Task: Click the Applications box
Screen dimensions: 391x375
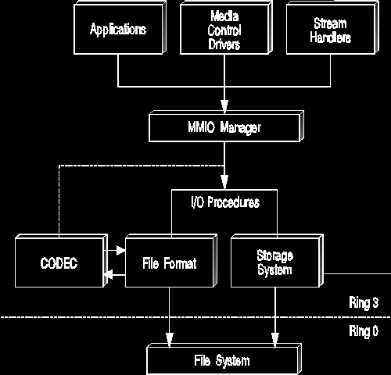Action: pos(120,28)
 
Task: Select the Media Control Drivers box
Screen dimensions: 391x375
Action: pos(226,28)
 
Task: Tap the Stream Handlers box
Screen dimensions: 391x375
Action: pos(332,28)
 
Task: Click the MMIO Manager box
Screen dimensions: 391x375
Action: pos(226,127)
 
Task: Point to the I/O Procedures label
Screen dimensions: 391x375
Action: pos(225,202)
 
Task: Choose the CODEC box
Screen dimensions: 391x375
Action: pos(61,261)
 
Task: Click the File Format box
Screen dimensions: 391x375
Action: pos(171,261)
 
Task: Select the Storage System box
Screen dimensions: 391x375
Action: pos(277,261)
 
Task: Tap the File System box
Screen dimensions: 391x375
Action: pos(224,359)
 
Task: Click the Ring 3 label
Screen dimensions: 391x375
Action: pos(364,302)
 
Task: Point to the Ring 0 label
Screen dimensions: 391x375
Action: pos(364,331)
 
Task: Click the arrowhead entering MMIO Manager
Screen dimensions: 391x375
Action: pos(224,106)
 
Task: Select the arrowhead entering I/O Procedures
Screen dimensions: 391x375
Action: pos(224,182)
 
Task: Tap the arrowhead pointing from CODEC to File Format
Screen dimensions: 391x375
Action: pos(120,250)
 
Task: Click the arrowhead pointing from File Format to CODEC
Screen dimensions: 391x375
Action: pos(108,275)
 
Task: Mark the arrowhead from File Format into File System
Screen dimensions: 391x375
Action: pos(170,340)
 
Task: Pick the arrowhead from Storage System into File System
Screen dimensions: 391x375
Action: pos(275,340)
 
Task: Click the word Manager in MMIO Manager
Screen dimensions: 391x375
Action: pos(240,127)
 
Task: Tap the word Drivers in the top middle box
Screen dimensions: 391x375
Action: pos(224,44)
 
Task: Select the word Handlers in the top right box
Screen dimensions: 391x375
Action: pos(330,37)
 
